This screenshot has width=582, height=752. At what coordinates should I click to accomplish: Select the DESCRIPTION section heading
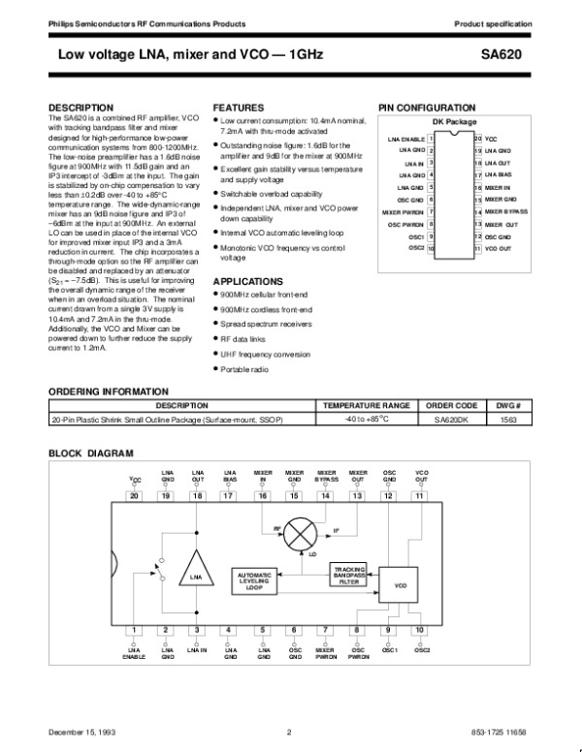(81, 107)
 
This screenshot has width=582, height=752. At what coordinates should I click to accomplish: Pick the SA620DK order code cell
(454, 419)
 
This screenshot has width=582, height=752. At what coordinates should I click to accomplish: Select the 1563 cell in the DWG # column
(508, 419)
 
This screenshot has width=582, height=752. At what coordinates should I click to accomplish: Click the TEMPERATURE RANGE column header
(367, 405)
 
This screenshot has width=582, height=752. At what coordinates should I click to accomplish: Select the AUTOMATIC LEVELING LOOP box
(254, 580)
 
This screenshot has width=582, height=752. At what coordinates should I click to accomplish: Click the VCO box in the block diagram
(401, 586)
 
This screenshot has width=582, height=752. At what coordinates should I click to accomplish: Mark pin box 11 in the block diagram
(419, 496)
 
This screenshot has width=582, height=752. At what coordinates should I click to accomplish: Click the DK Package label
(454, 123)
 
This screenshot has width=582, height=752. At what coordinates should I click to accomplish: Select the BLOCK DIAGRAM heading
(91, 454)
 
